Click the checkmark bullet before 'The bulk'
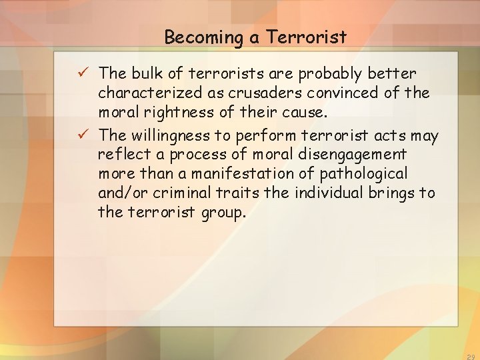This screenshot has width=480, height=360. tap(84, 72)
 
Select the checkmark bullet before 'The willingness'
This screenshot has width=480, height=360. tap(84, 135)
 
